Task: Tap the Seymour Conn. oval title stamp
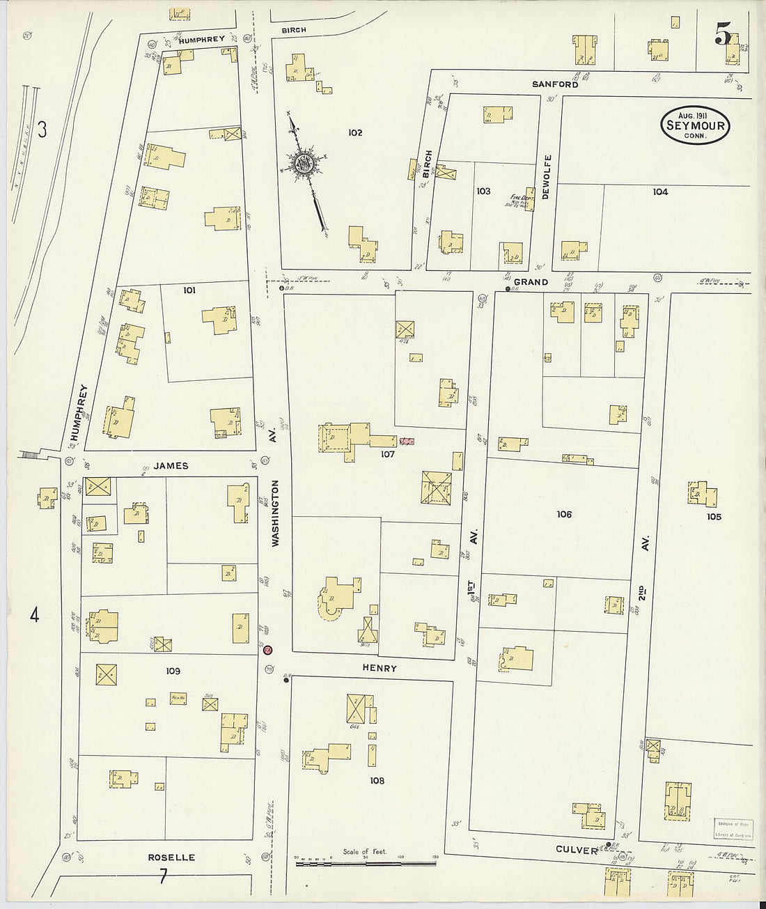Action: click(x=694, y=126)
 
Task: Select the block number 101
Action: click(x=189, y=290)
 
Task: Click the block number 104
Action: click(x=659, y=192)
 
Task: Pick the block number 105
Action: click(x=713, y=517)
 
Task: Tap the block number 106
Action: click(x=564, y=514)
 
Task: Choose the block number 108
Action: click(x=377, y=781)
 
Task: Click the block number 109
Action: click(x=173, y=671)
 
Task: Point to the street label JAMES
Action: click(x=171, y=466)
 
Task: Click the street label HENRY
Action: click(x=380, y=668)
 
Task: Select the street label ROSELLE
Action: click(x=171, y=857)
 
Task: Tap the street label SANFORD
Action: click(x=555, y=84)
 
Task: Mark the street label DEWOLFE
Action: click(x=547, y=177)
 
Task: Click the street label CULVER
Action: click(x=577, y=850)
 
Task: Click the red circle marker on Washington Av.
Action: click(x=268, y=650)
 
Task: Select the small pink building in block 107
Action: click(x=407, y=442)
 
